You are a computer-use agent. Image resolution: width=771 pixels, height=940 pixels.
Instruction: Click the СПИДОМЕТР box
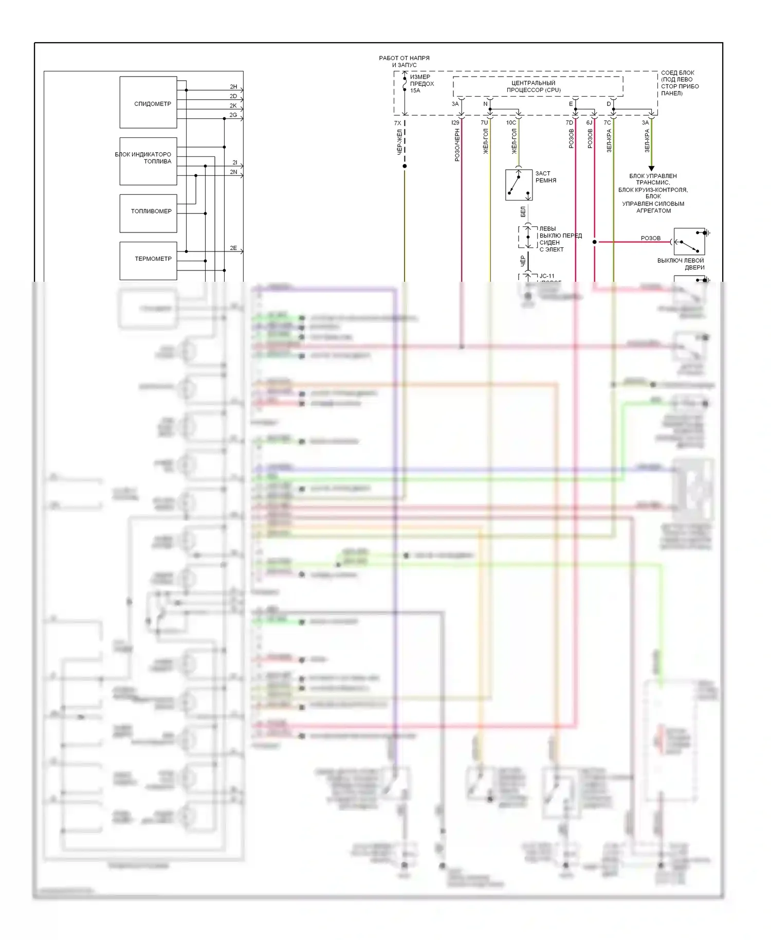coord(148,102)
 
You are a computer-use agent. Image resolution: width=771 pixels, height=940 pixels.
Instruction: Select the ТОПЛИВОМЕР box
coord(148,213)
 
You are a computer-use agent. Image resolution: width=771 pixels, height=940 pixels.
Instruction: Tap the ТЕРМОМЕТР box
coord(148,260)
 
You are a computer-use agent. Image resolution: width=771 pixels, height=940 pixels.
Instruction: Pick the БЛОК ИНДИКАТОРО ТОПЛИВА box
coord(148,160)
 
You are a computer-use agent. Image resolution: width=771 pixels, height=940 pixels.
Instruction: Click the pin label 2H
coord(233,87)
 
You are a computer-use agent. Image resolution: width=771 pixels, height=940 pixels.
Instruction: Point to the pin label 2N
coord(233,172)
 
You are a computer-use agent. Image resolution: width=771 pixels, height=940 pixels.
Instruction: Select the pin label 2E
coord(233,248)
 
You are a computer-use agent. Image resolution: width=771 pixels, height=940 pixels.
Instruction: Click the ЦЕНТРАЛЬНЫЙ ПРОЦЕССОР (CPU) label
coord(534,86)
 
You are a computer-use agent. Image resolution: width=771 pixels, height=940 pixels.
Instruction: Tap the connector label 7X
coord(397,123)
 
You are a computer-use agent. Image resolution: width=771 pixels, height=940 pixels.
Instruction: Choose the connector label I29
coord(455,123)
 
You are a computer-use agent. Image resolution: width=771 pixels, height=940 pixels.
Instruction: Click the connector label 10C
coord(511,123)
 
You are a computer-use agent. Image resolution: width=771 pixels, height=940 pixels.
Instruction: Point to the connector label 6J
coord(589,123)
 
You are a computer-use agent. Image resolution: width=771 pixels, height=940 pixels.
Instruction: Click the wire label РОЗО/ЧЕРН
coord(457,146)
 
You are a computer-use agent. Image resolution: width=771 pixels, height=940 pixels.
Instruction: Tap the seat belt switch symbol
coord(519,185)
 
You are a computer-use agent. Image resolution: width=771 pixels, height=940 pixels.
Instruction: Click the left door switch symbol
coord(689,242)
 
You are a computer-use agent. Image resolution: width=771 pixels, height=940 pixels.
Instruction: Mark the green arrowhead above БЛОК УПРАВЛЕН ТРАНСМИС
coord(651,169)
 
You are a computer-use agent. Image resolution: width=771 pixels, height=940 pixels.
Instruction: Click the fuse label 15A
coord(415,91)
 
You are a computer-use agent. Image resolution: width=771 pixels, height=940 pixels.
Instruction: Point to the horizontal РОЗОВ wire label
coord(650,238)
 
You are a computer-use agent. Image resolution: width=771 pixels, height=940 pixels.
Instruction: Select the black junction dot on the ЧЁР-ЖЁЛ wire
coord(405,166)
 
